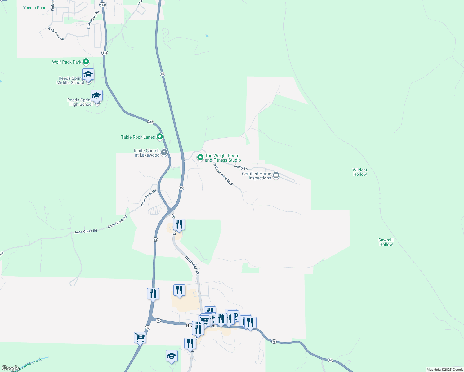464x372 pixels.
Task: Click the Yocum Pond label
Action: tap(35, 8)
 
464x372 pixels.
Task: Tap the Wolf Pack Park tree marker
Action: tap(86, 62)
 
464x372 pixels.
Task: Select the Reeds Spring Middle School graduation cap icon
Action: tap(88, 74)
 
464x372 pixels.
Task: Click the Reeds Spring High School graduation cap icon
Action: tap(96, 96)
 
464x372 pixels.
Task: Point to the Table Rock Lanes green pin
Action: tap(160, 136)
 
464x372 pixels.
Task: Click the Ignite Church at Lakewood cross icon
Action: tap(164, 153)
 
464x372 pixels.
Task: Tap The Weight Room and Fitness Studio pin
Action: tap(200, 157)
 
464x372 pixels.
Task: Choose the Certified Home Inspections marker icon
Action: tap(276, 176)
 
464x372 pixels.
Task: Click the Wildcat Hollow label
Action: tap(360, 172)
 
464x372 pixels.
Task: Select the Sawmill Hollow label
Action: tap(386, 242)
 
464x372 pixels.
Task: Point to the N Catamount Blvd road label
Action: tap(223, 174)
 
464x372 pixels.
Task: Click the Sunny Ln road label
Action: tap(241, 167)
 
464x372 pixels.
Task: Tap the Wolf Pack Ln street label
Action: tap(56, 33)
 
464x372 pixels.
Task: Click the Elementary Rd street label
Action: tap(93, 20)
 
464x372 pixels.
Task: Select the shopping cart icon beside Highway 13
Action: tap(140, 337)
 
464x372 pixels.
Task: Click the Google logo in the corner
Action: tap(10, 368)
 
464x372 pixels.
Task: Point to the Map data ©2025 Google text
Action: tap(445, 370)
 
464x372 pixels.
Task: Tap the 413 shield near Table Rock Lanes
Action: tap(150, 122)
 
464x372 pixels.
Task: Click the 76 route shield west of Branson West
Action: tap(158, 321)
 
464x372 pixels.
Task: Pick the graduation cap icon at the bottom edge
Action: tap(172, 356)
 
